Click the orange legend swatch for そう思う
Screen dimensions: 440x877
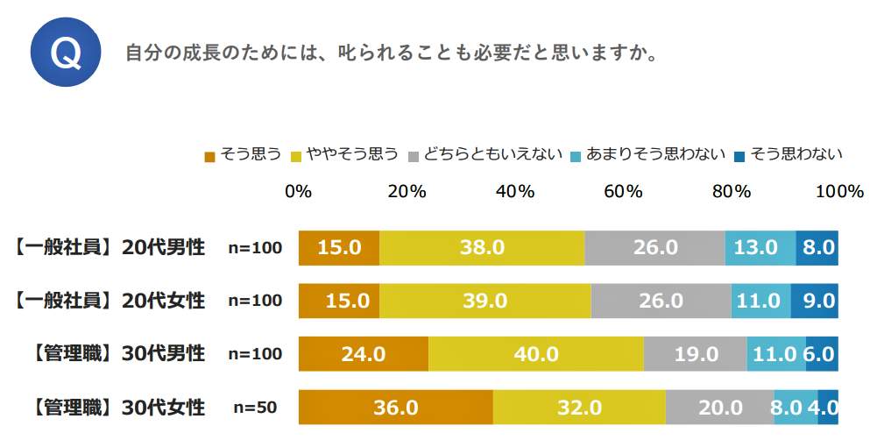pos(209,157)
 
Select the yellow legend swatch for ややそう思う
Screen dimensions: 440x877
pos(297,157)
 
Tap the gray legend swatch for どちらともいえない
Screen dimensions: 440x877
pos(415,157)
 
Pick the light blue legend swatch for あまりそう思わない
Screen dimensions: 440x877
pos(576,157)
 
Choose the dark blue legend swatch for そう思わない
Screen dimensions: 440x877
pos(739,157)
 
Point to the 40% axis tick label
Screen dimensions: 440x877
pos(515,192)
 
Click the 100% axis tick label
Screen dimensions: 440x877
pos(839,192)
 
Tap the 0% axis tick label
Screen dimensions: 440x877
pos(299,192)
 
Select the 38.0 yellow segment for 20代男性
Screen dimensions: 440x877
pos(482,248)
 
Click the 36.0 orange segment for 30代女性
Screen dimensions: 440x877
pos(396,408)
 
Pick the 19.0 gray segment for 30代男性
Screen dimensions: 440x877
pos(696,354)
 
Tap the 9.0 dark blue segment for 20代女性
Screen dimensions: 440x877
pos(815,301)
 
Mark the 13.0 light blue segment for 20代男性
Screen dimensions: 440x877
pos(760,248)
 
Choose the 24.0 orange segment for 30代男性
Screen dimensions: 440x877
pos(364,354)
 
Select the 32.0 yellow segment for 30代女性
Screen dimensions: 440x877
pos(579,408)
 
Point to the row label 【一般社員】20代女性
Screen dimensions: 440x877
pos(110,301)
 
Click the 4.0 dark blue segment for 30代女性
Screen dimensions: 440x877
pos(828,408)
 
